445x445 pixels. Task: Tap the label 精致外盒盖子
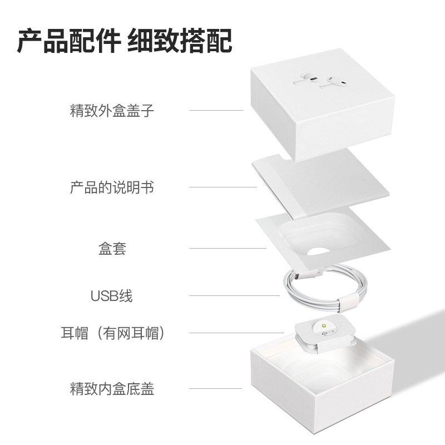(112, 110)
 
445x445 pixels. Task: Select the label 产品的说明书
(112, 187)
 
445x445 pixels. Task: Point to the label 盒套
(112, 249)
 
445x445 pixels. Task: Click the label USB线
(112, 295)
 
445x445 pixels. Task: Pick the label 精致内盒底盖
(112, 388)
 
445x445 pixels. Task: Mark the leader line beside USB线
(234, 295)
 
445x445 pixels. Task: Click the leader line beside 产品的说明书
(222, 187)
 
